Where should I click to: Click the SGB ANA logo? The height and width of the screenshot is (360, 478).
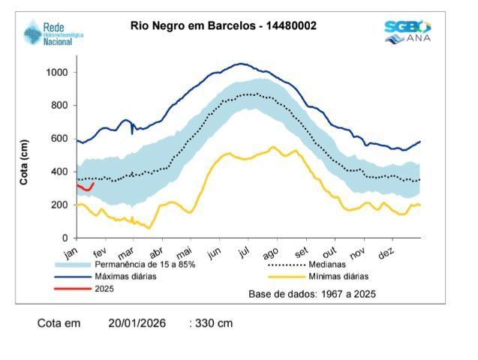tap(407, 31)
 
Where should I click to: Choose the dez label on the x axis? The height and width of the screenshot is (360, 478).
tap(386, 254)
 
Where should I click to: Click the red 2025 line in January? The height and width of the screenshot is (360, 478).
tap(85, 187)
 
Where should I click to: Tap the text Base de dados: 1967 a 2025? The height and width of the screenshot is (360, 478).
tap(312, 293)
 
